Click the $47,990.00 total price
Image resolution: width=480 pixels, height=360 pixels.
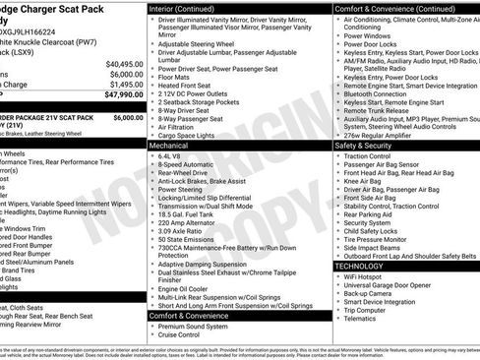point(119,95)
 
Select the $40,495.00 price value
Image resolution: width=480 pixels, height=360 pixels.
point(121,63)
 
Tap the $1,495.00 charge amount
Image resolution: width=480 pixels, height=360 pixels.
point(123,85)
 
